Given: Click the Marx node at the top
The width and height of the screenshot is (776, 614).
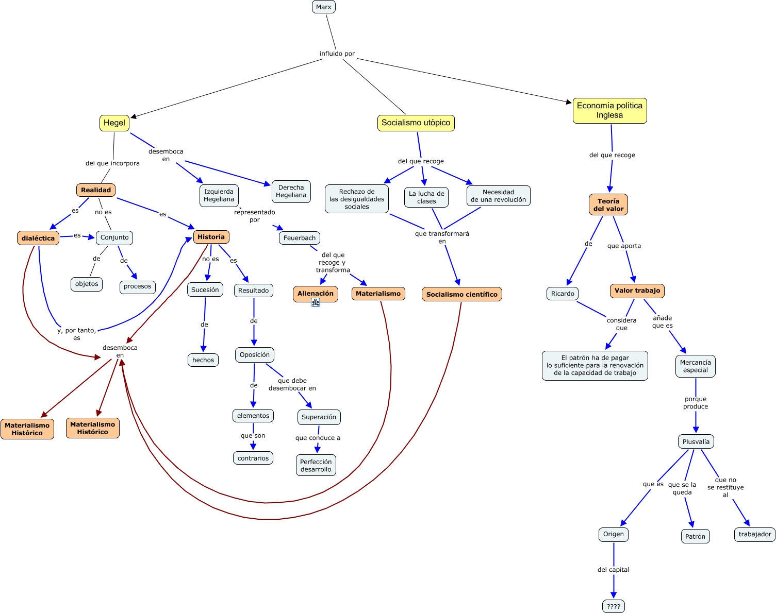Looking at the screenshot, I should pos(324,7).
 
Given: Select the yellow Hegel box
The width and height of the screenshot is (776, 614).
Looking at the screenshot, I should pos(114,123).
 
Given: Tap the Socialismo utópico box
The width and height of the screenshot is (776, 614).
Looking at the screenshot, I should pos(416,123).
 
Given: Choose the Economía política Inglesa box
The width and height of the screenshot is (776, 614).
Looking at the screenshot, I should pos(609,111).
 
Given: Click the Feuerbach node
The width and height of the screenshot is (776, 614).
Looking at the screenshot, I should pos(299,238).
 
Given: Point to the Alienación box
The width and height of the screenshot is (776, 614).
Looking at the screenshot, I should pos(315,293).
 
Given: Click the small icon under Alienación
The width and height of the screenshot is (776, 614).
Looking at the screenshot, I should pos(316,303).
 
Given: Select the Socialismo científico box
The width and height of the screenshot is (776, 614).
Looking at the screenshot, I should pos(461,294).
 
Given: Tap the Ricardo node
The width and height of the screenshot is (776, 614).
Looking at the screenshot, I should pos(562,294).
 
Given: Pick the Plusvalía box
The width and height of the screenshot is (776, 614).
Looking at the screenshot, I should pos(696,441).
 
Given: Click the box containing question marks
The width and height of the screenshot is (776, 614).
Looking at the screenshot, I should pos(613,606).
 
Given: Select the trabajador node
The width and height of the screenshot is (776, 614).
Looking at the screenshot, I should pos(754,534).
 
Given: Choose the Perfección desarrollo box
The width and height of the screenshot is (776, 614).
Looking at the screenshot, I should pos(316,465).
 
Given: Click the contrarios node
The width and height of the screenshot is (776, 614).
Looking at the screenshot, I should pos(253,458).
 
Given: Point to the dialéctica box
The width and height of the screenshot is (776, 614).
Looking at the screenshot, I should pos(38,238).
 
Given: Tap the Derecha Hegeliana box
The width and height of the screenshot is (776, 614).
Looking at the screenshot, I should pos(291,191).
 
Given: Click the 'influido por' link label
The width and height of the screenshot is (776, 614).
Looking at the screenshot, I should pos(337,54).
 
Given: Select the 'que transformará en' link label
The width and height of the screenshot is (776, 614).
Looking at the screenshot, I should pos(442,237).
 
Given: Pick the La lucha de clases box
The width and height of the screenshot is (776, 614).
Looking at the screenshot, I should pos(426,197).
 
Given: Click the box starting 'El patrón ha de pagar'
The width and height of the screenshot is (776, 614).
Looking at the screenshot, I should pos(595,365).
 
